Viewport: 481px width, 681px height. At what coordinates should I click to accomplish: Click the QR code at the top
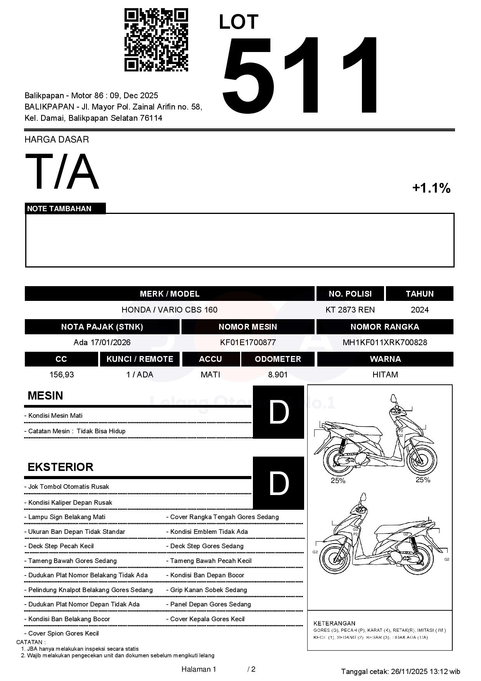tap(156, 40)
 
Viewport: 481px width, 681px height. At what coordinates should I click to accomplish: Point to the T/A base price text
tap(62, 172)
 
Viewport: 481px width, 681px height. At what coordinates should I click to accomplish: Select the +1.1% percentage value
tap(431, 188)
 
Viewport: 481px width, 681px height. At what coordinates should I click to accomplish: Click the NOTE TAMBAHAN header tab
tap(59, 208)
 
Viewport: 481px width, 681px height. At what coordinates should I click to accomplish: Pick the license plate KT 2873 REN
tap(350, 310)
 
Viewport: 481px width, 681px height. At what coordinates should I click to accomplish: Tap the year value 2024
tap(419, 310)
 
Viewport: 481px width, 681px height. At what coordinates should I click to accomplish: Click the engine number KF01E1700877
tap(247, 342)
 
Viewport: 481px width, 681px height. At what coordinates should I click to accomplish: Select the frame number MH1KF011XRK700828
tap(384, 342)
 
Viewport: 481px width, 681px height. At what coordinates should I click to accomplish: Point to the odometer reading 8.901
tap(278, 375)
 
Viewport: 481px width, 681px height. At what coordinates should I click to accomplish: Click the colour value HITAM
tap(385, 375)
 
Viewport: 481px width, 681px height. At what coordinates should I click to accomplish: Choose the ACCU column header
tap(210, 359)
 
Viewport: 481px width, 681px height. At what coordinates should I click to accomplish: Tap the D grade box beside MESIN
tap(278, 412)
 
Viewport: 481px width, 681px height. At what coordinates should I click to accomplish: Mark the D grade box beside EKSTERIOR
tap(278, 483)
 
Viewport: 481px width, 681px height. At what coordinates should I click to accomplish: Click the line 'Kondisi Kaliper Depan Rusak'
tap(70, 502)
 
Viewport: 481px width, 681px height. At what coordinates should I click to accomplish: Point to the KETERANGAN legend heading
tap(334, 623)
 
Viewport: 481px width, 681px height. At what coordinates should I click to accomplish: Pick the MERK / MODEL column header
tap(170, 294)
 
